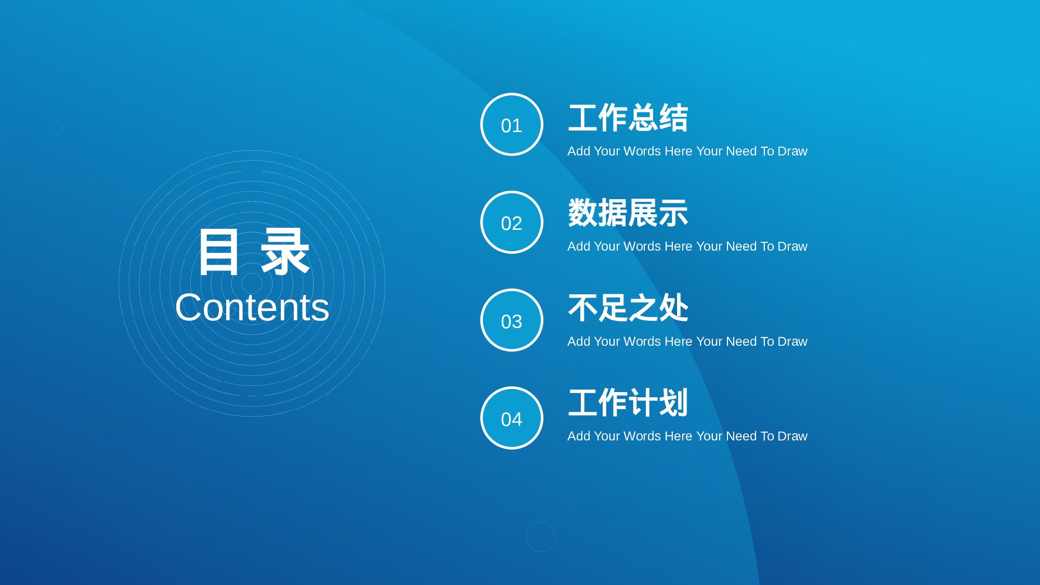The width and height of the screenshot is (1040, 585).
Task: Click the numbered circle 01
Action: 512,124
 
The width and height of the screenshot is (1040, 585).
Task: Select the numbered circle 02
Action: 512,222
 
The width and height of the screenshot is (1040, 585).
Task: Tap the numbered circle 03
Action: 512,320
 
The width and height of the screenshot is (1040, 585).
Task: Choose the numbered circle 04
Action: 512,418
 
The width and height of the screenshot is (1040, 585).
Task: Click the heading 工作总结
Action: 628,118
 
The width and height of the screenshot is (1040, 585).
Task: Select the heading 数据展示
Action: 628,213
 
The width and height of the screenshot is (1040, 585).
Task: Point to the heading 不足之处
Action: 628,307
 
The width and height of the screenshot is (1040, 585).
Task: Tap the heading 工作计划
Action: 628,402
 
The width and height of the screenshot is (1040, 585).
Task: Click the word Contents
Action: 252,307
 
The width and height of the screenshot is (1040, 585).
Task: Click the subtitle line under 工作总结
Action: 687,151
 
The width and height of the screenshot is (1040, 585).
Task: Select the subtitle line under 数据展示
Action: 687,246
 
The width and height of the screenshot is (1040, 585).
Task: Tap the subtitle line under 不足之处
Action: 687,342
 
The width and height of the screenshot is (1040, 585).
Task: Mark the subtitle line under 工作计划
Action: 687,436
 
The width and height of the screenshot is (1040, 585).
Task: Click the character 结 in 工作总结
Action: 674,118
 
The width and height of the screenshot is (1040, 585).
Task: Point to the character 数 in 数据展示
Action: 583,213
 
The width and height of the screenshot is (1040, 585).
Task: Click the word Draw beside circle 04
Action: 792,436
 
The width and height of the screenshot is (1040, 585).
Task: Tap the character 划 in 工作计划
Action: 674,402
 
